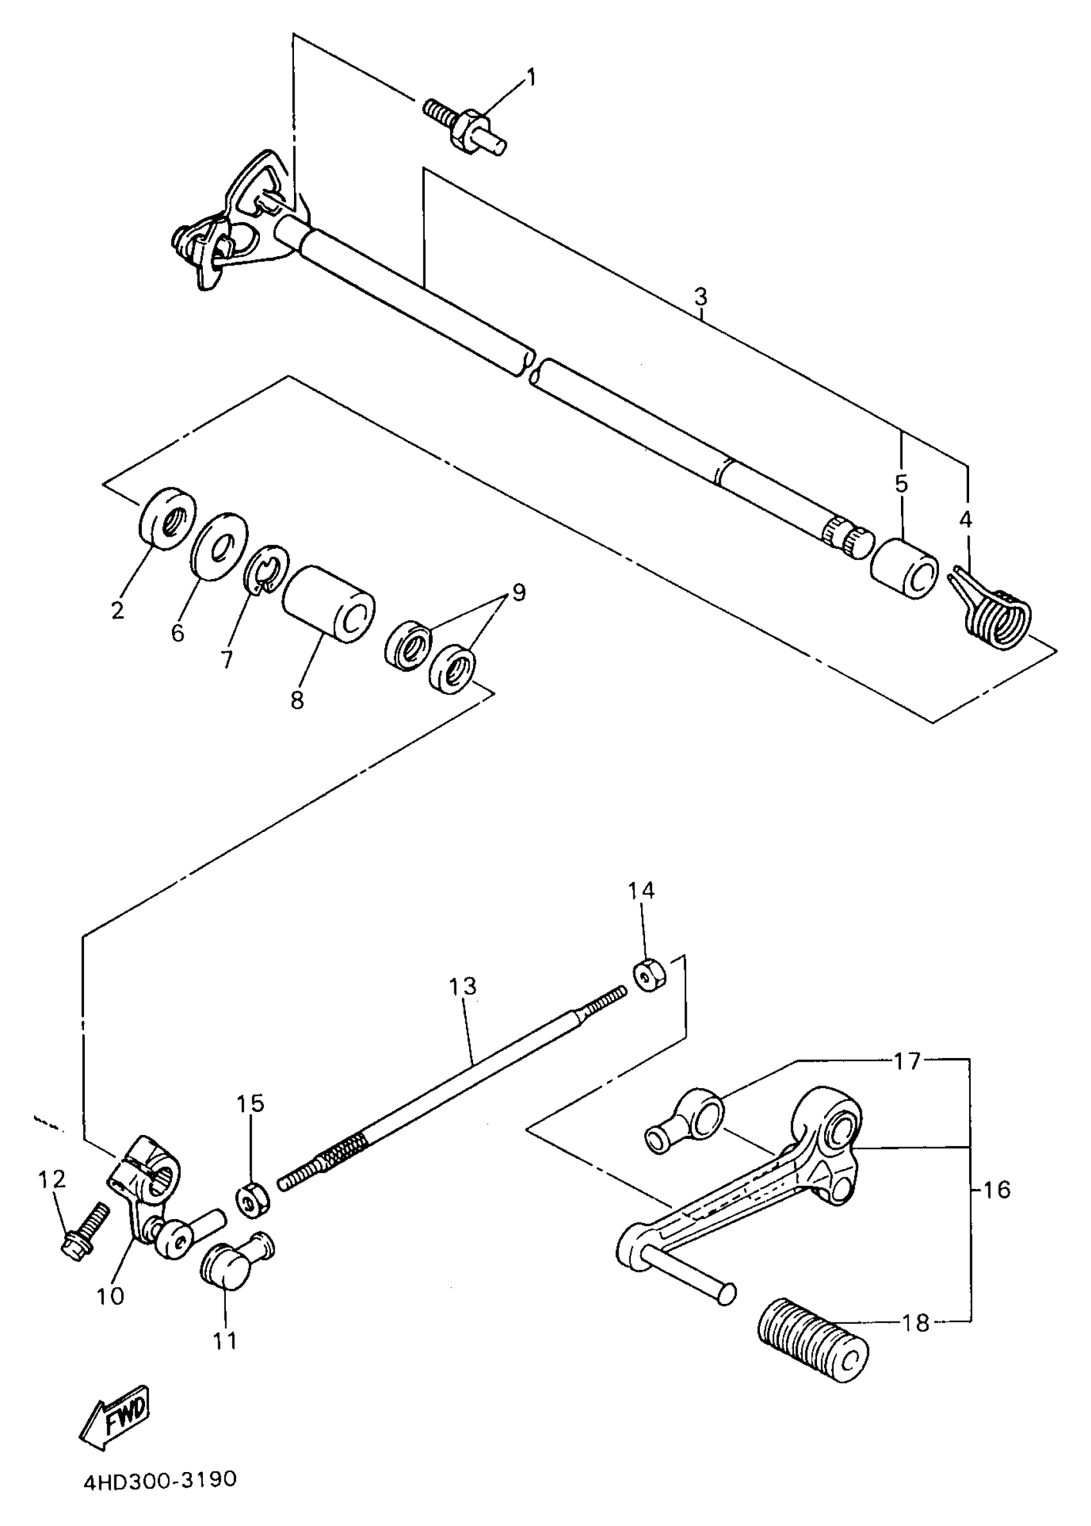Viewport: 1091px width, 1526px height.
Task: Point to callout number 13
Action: click(x=463, y=987)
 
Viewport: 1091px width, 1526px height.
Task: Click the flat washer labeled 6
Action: click(x=218, y=546)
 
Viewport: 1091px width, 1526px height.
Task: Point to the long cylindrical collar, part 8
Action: click(x=328, y=604)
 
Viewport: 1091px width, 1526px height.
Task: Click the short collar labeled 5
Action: click(x=904, y=567)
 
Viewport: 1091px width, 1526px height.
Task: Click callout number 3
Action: click(x=700, y=296)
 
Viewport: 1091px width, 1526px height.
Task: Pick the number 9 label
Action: click(x=518, y=591)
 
